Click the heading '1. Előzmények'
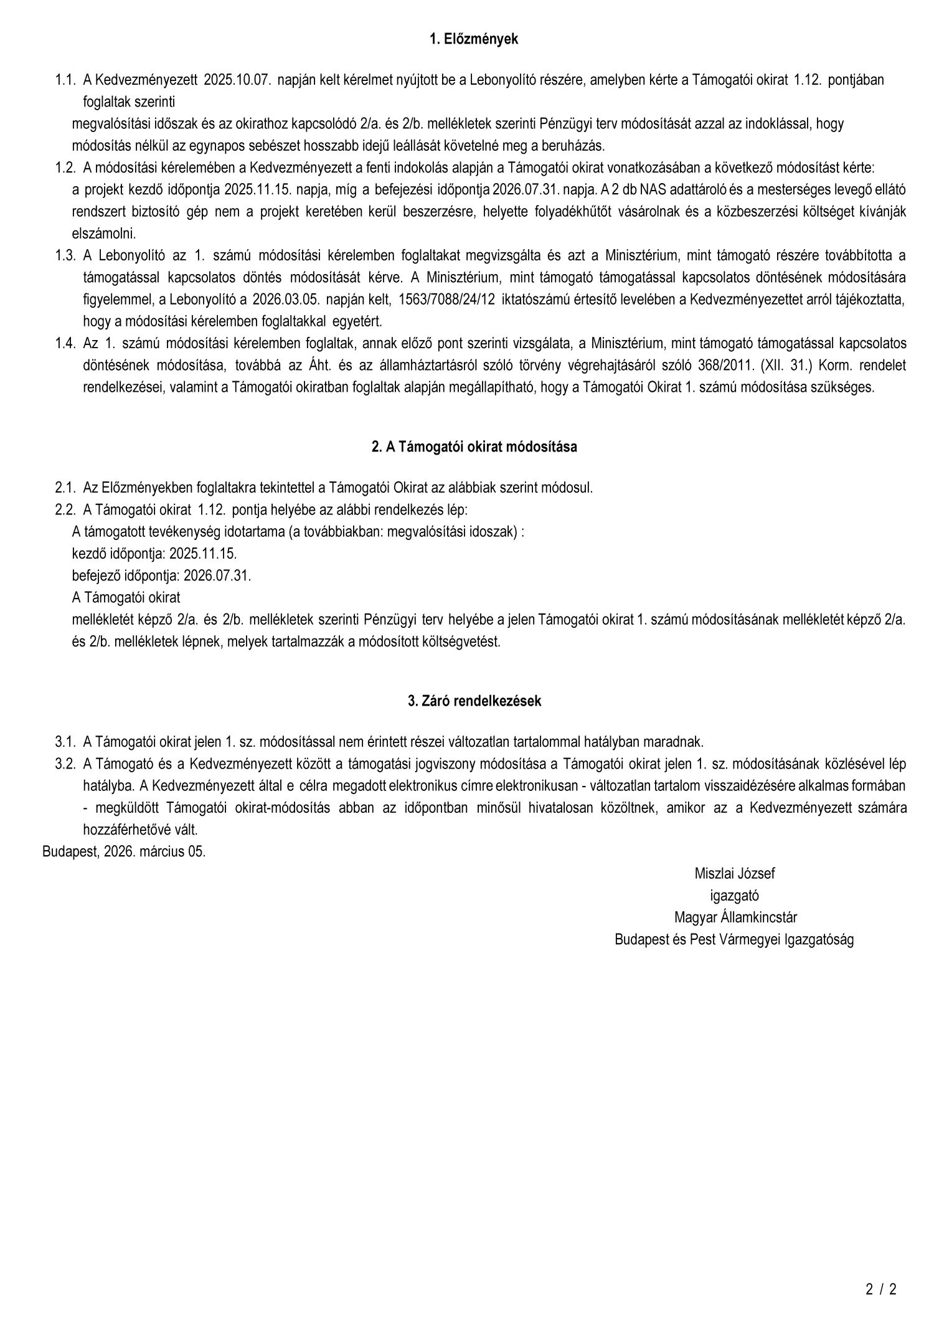pyautogui.click(x=474, y=39)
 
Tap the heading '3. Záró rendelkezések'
pyautogui.click(x=474, y=701)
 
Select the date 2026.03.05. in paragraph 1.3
pyautogui.click(x=286, y=300)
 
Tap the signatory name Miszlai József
pyautogui.click(x=734, y=873)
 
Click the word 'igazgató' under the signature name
pyautogui.click(x=734, y=896)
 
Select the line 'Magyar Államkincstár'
pyautogui.click(x=735, y=917)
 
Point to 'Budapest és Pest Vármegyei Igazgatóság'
pyautogui.click(x=734, y=940)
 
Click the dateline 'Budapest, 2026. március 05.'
pyautogui.click(x=124, y=851)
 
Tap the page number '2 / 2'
pyautogui.click(x=880, y=1289)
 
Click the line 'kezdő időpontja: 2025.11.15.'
pyautogui.click(x=154, y=553)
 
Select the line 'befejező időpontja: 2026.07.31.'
pyautogui.click(x=161, y=575)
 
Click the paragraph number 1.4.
pyautogui.click(x=65, y=343)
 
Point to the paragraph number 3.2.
pyautogui.click(x=65, y=764)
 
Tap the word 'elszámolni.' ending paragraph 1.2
pyautogui.click(x=104, y=234)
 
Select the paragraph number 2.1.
pyautogui.click(x=65, y=488)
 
